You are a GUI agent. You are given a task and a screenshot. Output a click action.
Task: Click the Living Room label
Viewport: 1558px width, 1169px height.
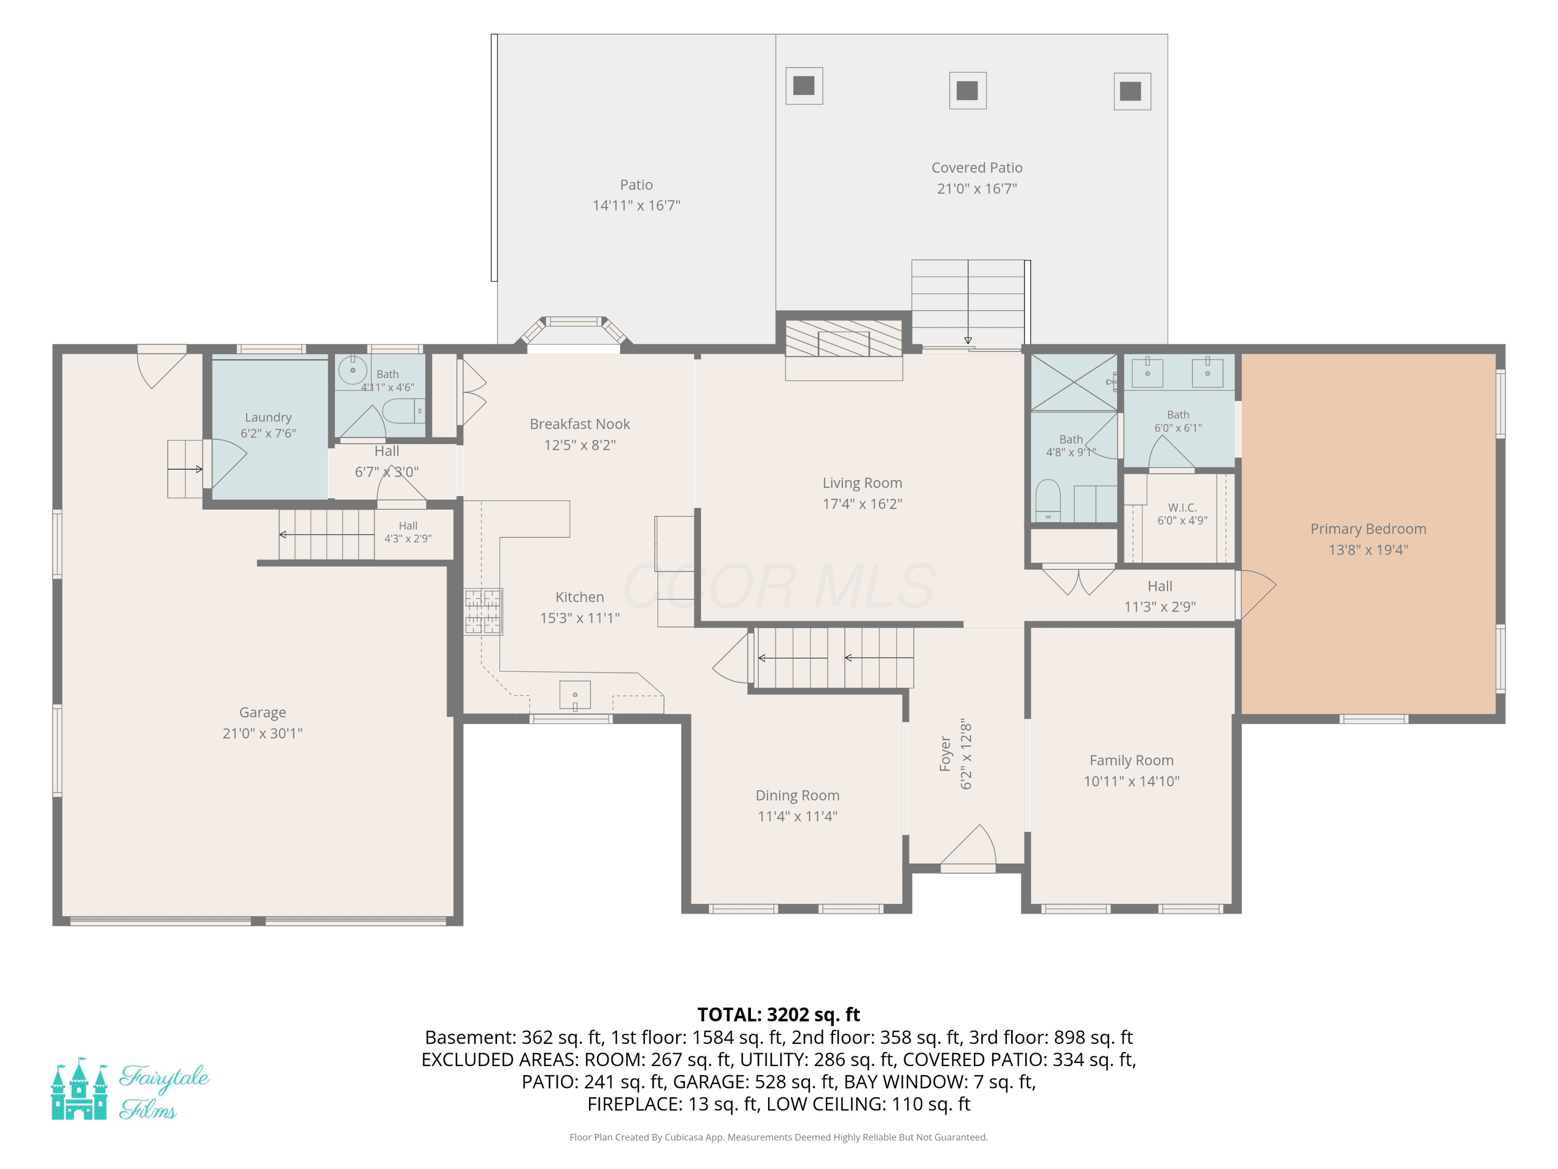pos(862,483)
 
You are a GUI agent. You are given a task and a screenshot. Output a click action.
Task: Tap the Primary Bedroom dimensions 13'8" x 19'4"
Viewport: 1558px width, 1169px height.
pos(1368,550)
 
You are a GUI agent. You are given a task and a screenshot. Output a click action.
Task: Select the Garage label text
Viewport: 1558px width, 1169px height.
pos(263,712)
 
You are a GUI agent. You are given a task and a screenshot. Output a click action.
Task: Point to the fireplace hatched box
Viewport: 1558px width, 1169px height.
pos(844,339)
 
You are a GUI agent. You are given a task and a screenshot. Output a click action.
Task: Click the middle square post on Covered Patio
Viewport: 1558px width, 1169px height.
pos(967,90)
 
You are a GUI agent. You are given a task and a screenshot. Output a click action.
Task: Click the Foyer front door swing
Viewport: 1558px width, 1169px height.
pos(969,845)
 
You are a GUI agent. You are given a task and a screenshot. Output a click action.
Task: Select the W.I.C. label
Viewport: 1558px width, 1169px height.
pos(1182,507)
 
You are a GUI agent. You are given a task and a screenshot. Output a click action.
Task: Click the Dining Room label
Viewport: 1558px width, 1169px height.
pos(797,795)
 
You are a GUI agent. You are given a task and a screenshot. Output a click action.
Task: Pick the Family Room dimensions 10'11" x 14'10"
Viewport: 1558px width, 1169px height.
pos(1131,781)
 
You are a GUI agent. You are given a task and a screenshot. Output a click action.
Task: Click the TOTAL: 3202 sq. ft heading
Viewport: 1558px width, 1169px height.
pos(778,1015)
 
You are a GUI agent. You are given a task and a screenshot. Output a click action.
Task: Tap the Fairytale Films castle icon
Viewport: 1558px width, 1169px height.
pos(79,1088)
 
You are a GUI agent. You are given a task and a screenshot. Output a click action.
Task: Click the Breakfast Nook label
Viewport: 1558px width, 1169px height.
pos(580,424)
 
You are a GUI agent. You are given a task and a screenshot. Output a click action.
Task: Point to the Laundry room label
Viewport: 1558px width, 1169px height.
pos(267,418)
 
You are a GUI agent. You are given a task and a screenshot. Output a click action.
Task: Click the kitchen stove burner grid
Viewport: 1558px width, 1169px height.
pos(483,612)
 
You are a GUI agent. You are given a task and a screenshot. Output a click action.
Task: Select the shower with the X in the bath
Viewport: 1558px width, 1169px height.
pos(1074,382)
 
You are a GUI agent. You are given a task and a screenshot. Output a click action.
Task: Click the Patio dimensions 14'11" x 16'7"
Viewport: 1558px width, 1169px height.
pos(636,205)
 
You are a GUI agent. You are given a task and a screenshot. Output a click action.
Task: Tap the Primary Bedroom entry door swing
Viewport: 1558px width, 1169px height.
pos(1257,595)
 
